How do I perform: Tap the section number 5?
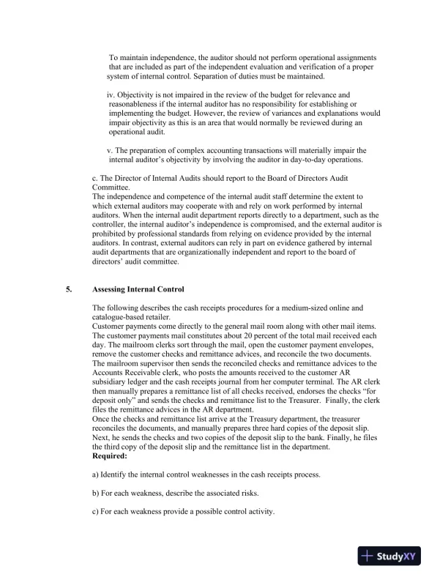tap(69, 289)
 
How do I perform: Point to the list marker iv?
tap(111, 95)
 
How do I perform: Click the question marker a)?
tap(97, 475)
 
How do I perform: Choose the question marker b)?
tap(97, 494)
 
